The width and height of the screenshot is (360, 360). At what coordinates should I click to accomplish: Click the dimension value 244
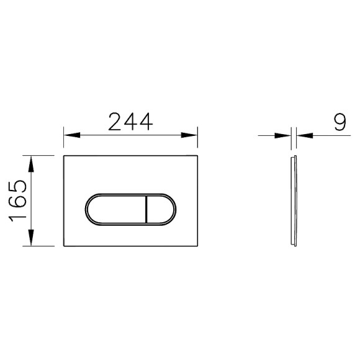coord(130,122)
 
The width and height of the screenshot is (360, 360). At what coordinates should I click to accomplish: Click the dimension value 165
coord(19,200)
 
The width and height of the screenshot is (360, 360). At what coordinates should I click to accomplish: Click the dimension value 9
coord(339,122)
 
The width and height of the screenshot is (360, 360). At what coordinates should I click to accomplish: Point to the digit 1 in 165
coord(19,218)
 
